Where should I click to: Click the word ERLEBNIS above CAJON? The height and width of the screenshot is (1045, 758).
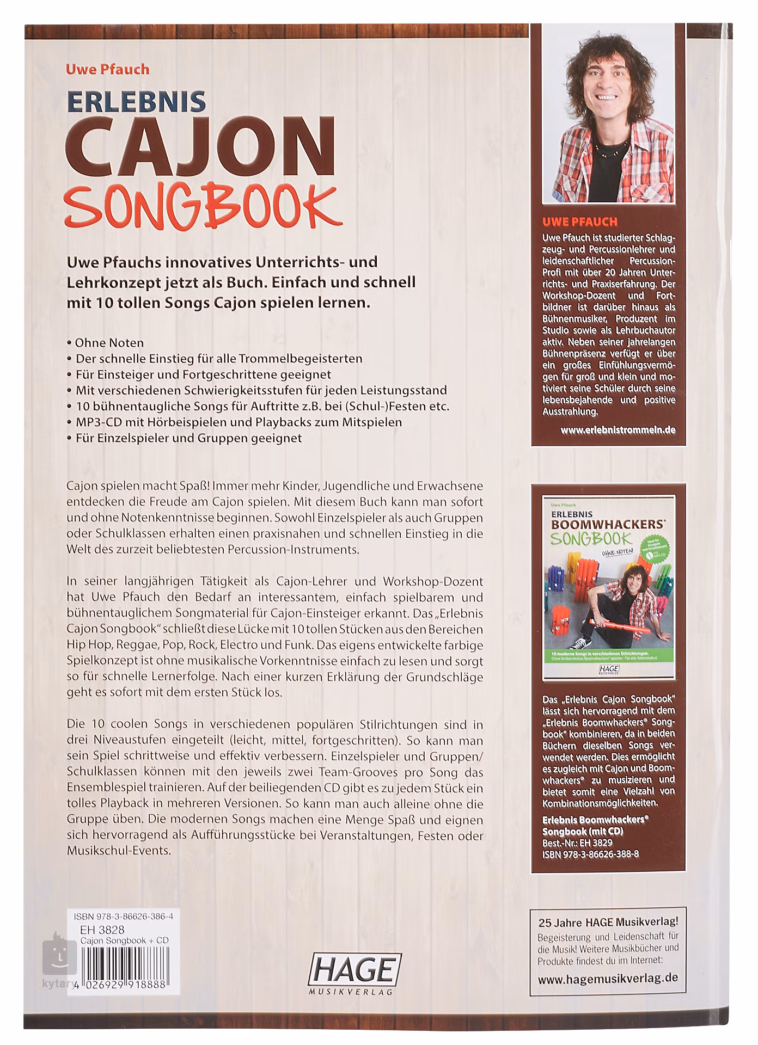pyautogui.click(x=136, y=101)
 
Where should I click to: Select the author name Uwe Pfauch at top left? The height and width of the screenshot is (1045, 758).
pyautogui.click(x=107, y=69)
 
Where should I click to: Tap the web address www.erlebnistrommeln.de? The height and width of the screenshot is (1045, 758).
pyautogui.click(x=618, y=429)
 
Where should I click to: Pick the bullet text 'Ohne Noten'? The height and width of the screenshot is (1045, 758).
pyautogui.click(x=109, y=343)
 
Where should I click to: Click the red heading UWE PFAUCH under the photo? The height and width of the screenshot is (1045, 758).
pyautogui.click(x=580, y=222)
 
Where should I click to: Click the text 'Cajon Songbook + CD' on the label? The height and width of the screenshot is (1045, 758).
pyautogui.click(x=124, y=941)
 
